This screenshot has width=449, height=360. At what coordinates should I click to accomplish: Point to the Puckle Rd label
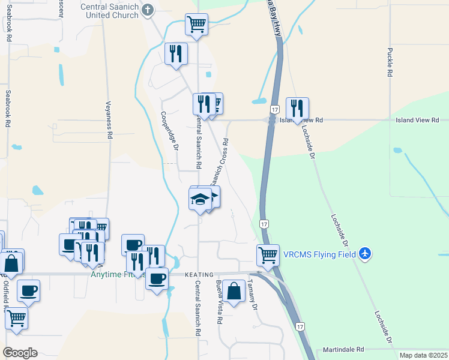pos(390,62)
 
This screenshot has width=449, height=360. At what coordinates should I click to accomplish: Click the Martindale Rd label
pos(343,349)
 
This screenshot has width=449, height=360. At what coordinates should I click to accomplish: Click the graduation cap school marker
pos(200,199)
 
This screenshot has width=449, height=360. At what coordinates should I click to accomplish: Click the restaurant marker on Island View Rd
pos(297,108)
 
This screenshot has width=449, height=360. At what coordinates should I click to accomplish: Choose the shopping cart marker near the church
pos(196,25)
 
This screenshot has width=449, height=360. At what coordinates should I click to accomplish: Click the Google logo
pos(20,353)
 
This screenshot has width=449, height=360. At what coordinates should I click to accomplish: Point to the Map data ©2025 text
pos(423,355)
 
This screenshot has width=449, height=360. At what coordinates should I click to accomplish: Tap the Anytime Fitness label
pos(117,275)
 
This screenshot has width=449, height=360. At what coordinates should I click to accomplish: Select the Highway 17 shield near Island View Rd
pos(274,109)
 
